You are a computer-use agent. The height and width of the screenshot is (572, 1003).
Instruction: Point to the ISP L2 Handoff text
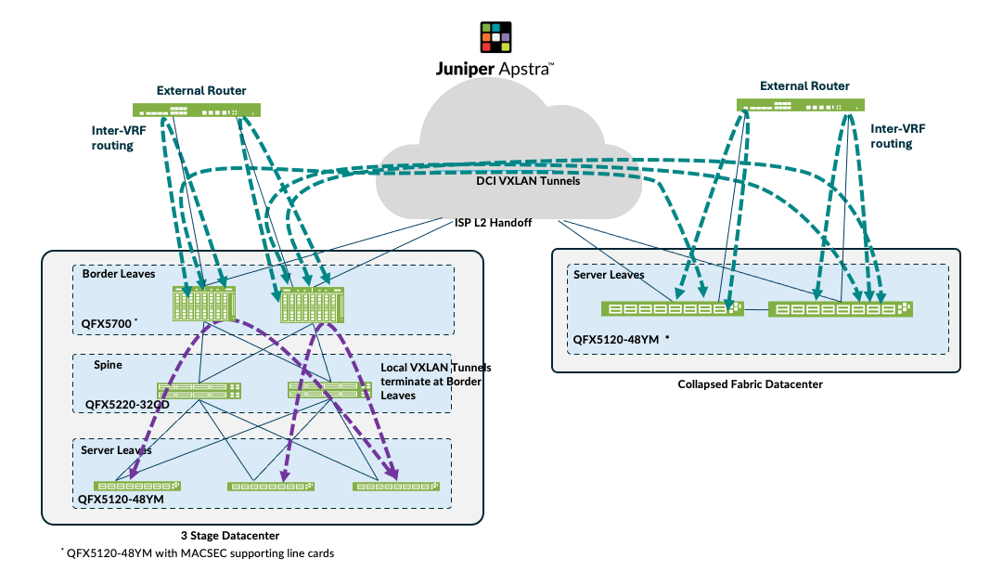(x=485, y=224)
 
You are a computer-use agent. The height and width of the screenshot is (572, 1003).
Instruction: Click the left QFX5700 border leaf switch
(x=204, y=304)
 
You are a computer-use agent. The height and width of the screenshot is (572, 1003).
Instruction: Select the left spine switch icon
(x=199, y=390)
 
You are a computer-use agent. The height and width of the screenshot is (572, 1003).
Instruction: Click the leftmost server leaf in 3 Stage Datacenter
(x=137, y=486)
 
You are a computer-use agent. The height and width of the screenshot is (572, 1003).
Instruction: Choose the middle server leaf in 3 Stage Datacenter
(x=271, y=486)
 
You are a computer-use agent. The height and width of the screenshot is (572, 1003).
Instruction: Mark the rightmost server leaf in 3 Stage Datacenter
(x=396, y=486)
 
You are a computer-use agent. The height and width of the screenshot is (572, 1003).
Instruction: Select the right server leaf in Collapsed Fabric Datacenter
(x=841, y=308)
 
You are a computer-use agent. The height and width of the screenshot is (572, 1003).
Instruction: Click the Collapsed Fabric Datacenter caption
(x=750, y=383)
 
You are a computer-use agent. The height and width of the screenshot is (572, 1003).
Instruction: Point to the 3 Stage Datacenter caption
(x=230, y=536)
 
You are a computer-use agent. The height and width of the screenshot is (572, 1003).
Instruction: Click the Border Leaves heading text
(x=119, y=275)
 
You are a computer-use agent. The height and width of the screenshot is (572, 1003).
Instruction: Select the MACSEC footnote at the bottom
(x=198, y=553)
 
